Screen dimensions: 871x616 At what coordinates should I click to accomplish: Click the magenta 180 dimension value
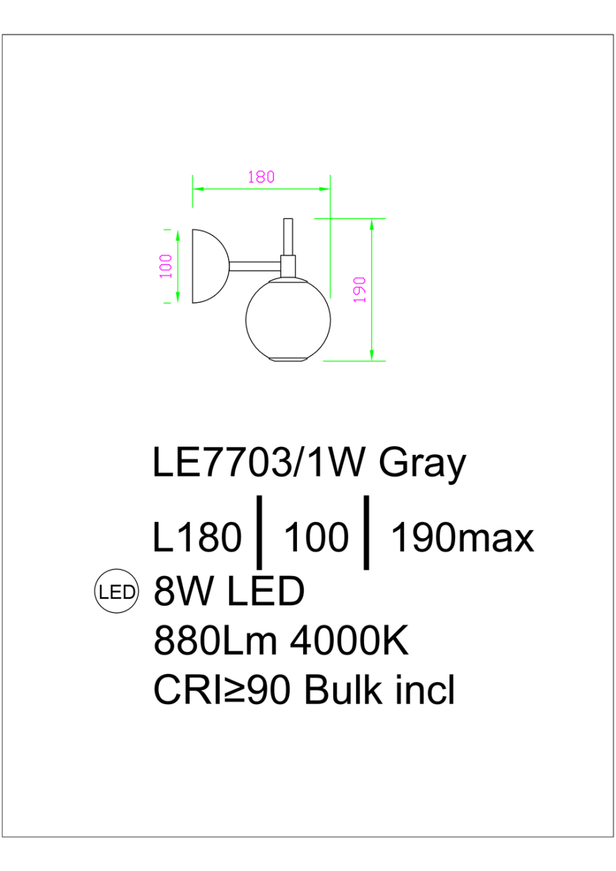(261, 178)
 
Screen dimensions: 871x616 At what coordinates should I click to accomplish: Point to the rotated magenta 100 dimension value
(166, 266)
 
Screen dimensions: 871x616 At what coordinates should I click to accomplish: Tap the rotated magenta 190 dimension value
(360, 289)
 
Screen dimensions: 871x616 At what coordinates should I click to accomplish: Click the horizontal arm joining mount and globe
(255, 266)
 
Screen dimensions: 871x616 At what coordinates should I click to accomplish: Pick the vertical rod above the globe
(288, 236)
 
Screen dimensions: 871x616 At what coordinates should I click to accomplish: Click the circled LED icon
(116, 592)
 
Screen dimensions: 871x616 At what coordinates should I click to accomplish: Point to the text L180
(197, 538)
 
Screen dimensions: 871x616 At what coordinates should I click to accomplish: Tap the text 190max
(462, 538)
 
